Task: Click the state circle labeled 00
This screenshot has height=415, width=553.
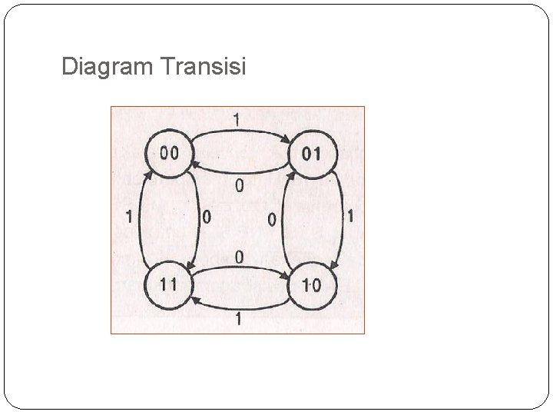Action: (x=167, y=154)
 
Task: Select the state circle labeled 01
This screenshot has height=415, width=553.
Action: (x=313, y=154)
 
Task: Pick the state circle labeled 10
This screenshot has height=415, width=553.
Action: (x=313, y=286)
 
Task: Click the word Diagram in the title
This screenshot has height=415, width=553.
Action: (x=108, y=68)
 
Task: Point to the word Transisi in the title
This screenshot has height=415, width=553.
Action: (x=204, y=68)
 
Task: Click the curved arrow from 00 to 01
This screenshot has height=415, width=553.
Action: (x=240, y=132)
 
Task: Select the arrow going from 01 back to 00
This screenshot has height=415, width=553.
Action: (x=240, y=174)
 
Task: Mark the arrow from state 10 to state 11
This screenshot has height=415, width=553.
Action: (x=240, y=306)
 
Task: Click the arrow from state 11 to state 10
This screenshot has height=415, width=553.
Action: (x=240, y=267)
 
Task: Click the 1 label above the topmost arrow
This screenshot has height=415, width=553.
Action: (x=237, y=119)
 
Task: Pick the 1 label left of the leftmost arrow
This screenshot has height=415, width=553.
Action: (x=129, y=217)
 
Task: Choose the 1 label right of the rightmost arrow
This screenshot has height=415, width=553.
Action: (x=351, y=217)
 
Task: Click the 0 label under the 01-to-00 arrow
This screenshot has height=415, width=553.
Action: (x=240, y=185)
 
